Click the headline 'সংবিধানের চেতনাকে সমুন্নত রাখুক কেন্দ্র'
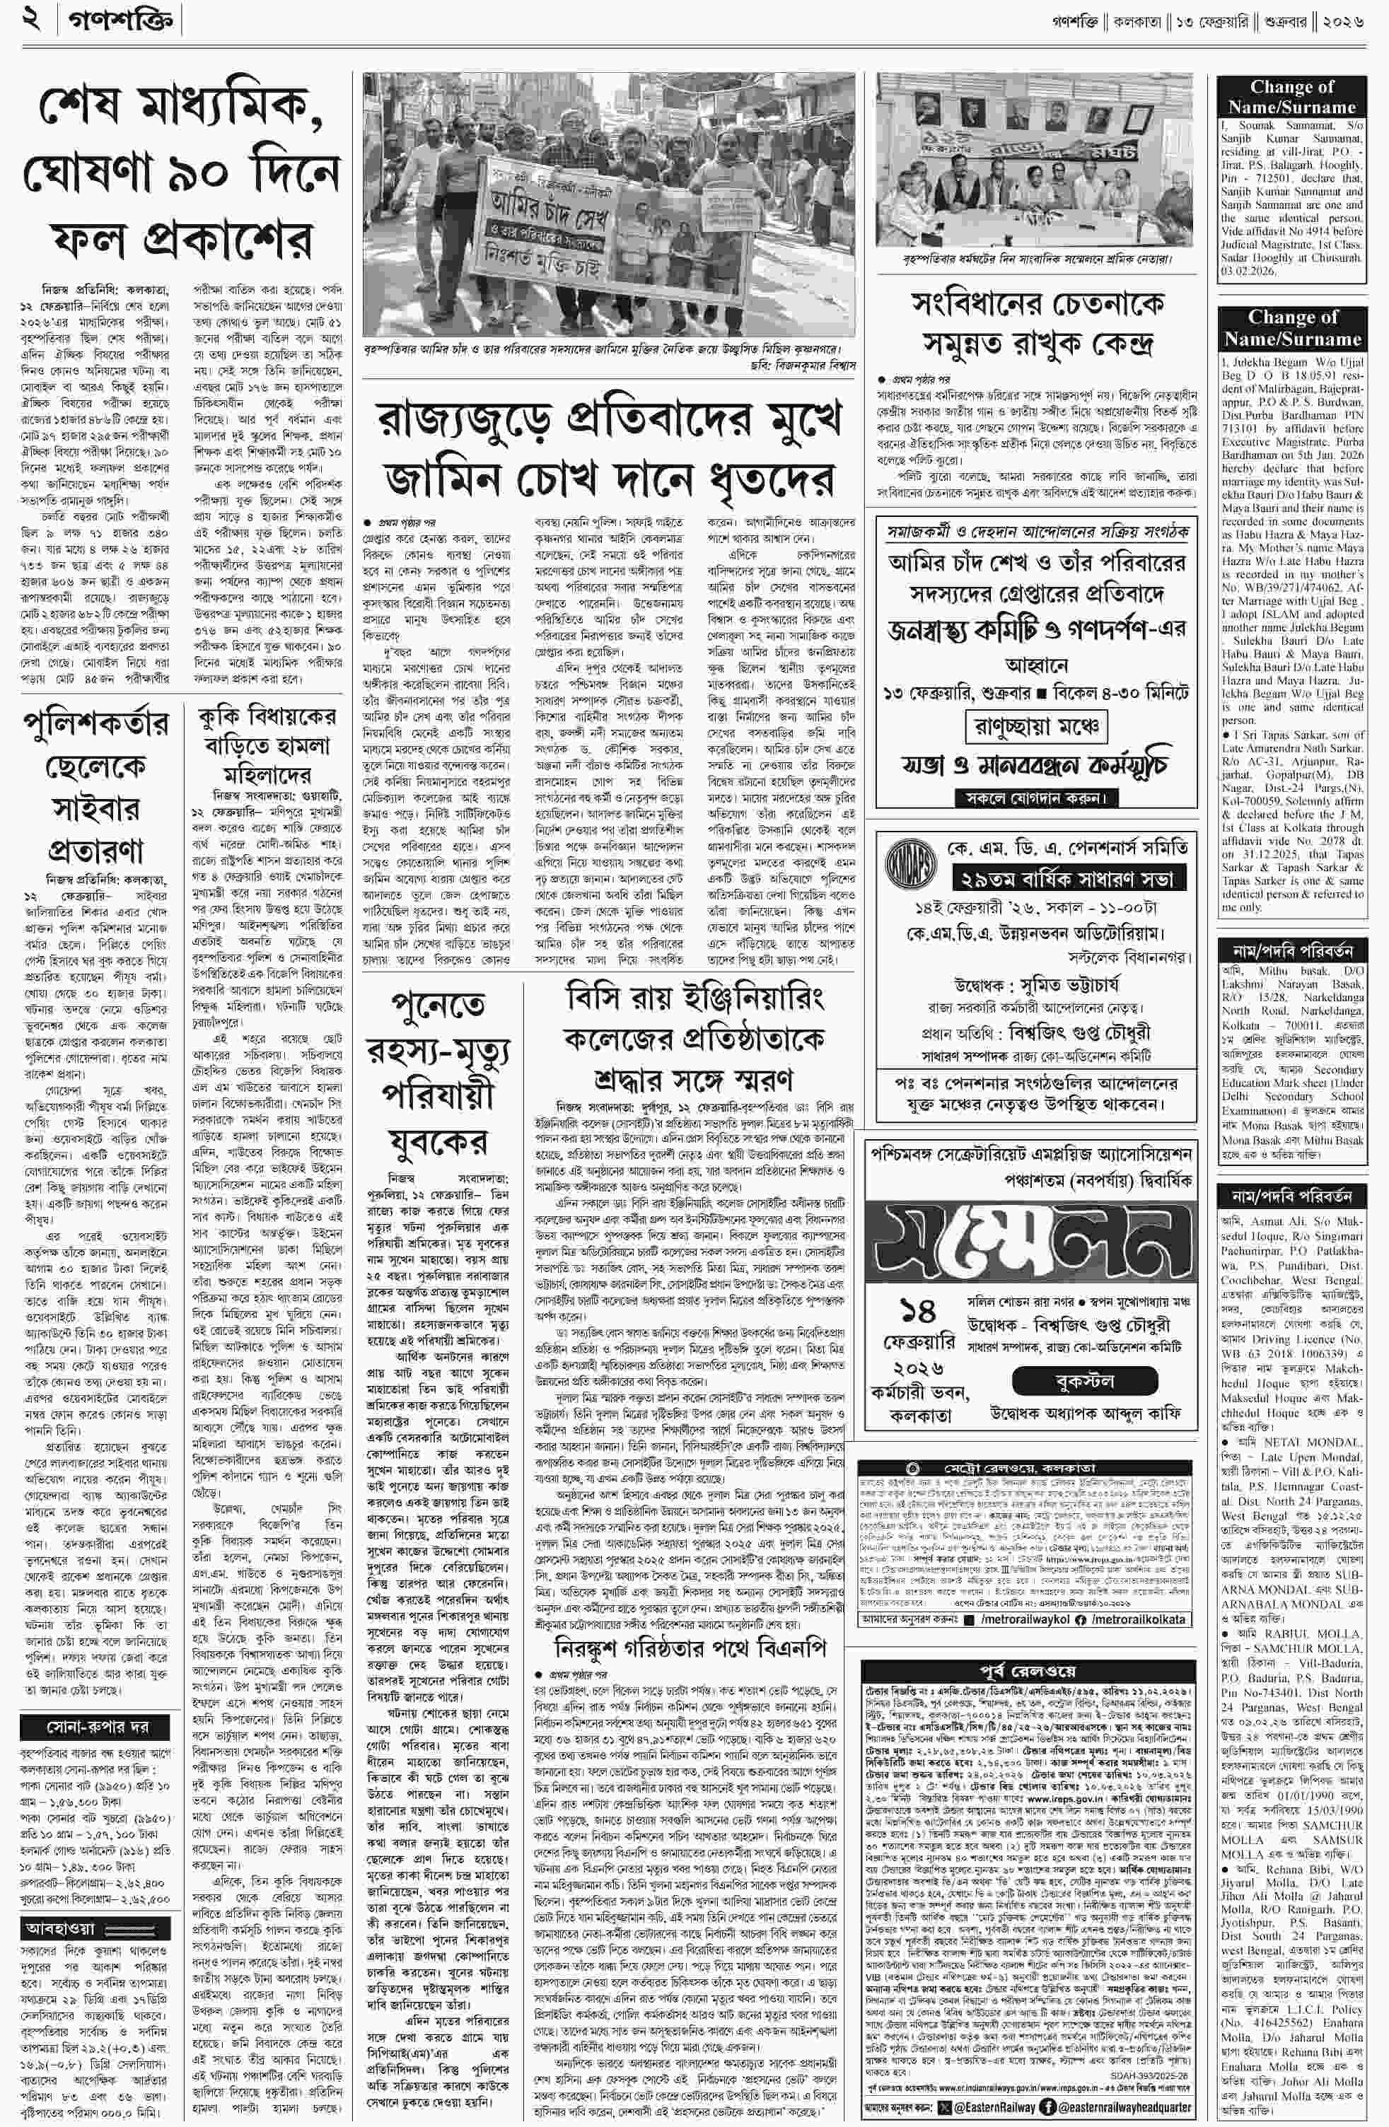click(x=1038, y=322)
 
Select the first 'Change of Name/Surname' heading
click(x=1291, y=96)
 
